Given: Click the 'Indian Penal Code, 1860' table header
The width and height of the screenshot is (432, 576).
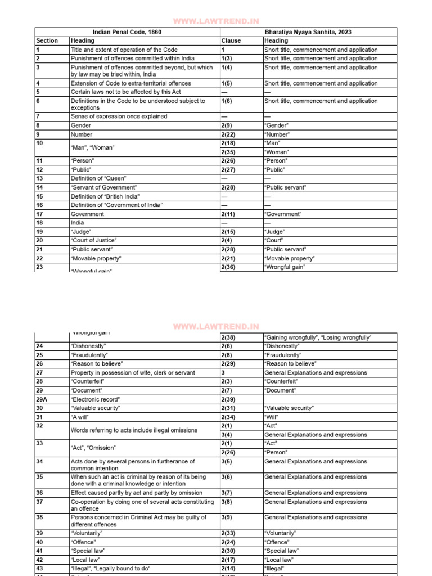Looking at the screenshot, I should (127, 32).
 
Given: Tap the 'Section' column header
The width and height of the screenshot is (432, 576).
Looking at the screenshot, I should (47, 40).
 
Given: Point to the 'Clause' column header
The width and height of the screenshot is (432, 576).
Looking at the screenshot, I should (231, 40).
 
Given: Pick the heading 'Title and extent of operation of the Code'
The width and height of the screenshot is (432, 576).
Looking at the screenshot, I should (124, 49).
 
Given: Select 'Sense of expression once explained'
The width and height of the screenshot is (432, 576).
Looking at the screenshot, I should (118, 116).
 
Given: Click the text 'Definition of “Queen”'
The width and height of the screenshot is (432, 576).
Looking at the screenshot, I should (99, 178).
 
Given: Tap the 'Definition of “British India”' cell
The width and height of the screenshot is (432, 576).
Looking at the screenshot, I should (105, 196).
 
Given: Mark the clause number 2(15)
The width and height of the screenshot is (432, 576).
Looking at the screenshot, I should (230, 232).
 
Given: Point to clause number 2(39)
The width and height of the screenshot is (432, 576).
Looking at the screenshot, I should (230, 399).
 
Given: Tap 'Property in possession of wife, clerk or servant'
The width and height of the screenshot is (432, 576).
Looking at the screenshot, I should (133, 373).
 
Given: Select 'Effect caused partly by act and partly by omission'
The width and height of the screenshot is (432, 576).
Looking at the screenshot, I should (136, 493).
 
